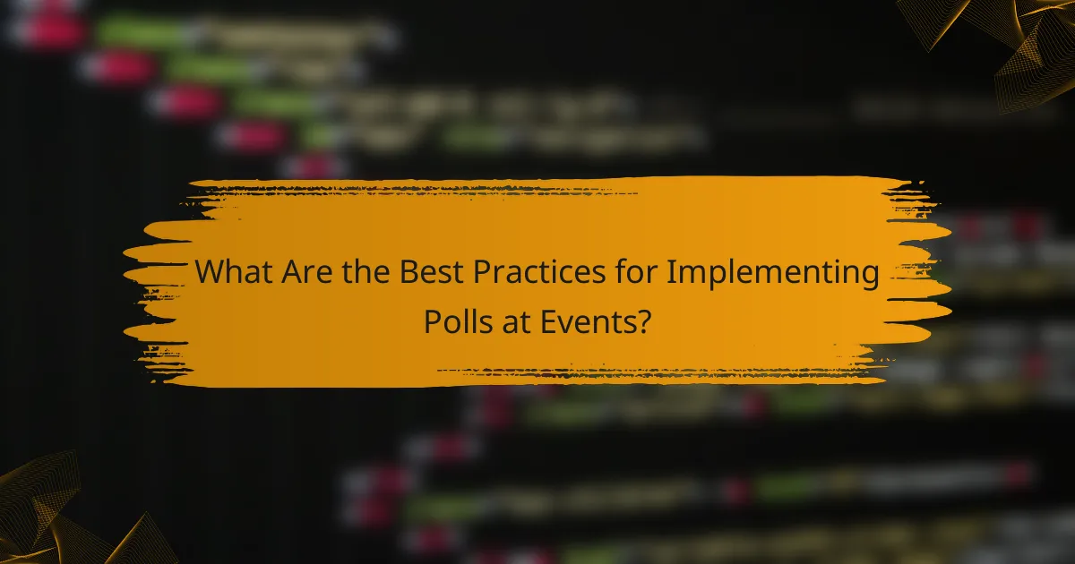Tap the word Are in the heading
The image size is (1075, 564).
tap(303, 271)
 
